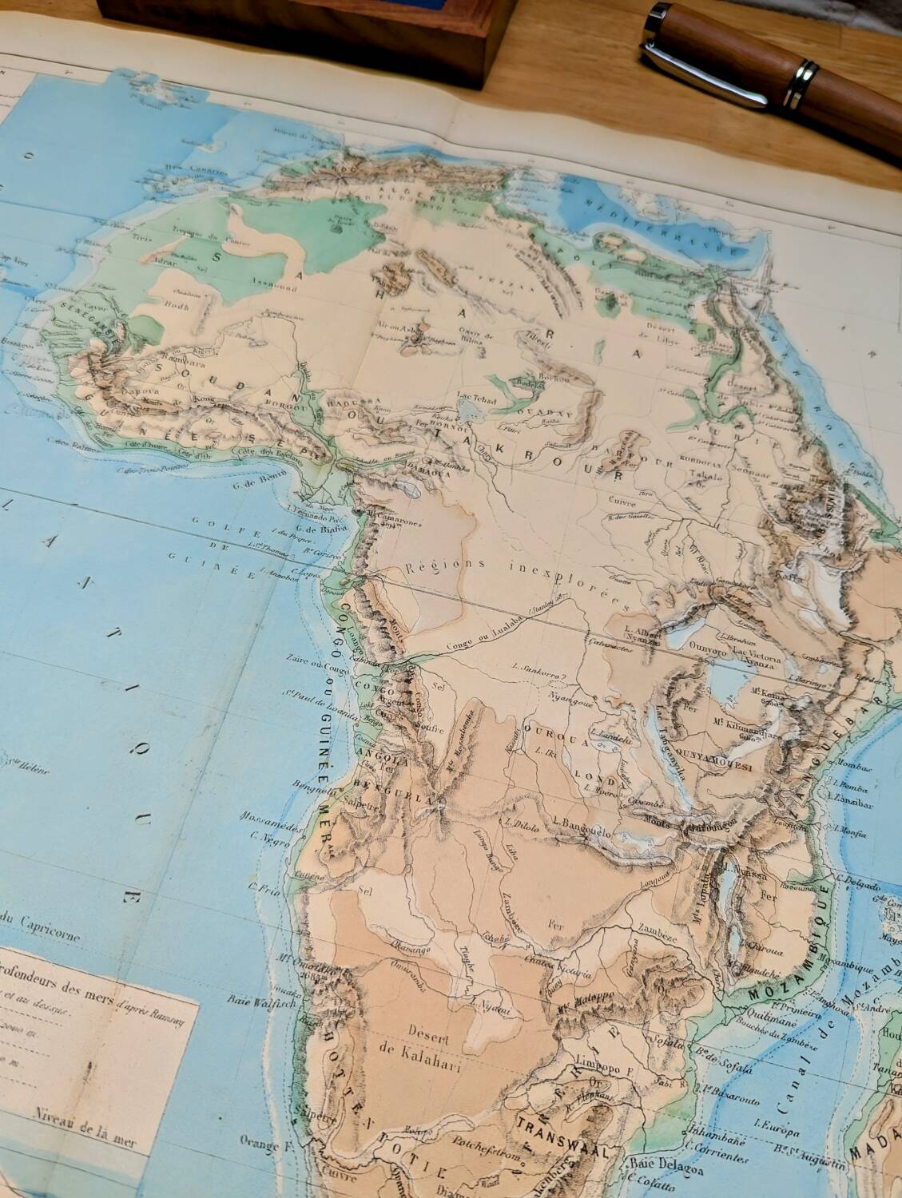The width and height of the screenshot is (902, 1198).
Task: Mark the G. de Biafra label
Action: point(315,526)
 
